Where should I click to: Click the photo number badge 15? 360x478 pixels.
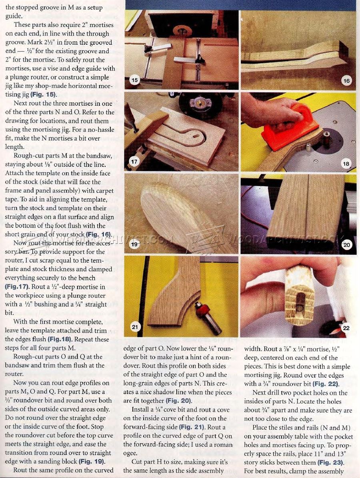point(134,80)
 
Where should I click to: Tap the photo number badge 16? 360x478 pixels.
point(346,81)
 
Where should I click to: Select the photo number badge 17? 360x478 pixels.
point(134,161)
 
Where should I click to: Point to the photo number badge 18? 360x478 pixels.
point(346,164)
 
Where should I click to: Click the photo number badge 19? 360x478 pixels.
point(134,244)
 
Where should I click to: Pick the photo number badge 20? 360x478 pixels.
point(346,245)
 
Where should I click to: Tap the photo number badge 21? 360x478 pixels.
point(134,327)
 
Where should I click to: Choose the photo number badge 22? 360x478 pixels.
point(346,328)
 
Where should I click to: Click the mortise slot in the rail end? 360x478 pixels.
point(298,301)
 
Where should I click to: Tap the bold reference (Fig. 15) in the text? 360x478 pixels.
point(44,94)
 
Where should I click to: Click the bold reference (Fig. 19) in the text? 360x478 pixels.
point(92,461)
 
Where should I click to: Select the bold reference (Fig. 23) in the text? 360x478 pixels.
point(330,462)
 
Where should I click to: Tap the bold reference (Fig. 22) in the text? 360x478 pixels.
point(326,384)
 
